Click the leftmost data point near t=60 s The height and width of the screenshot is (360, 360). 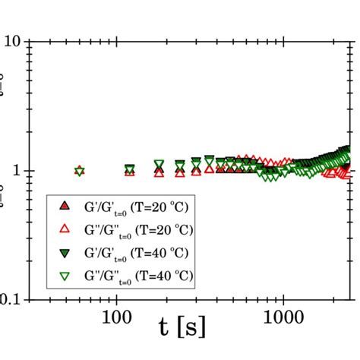80,171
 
